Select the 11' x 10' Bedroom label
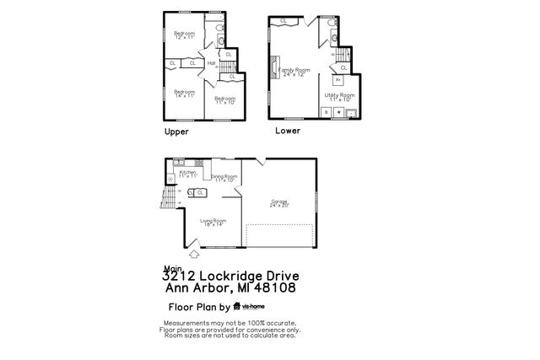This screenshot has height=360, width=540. (x=224, y=99)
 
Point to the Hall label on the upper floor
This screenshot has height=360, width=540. (x=212, y=62)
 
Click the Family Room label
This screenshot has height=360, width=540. (x=300, y=71)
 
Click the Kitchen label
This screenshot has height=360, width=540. (x=188, y=174)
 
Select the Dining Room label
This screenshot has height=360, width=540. (x=224, y=178)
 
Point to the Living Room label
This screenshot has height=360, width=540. (x=213, y=222)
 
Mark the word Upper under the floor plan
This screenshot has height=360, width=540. (x=176, y=132)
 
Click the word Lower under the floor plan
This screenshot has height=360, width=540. (x=287, y=132)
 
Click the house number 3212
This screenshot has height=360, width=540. (x=179, y=276)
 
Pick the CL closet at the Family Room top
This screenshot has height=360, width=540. (x=283, y=21)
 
